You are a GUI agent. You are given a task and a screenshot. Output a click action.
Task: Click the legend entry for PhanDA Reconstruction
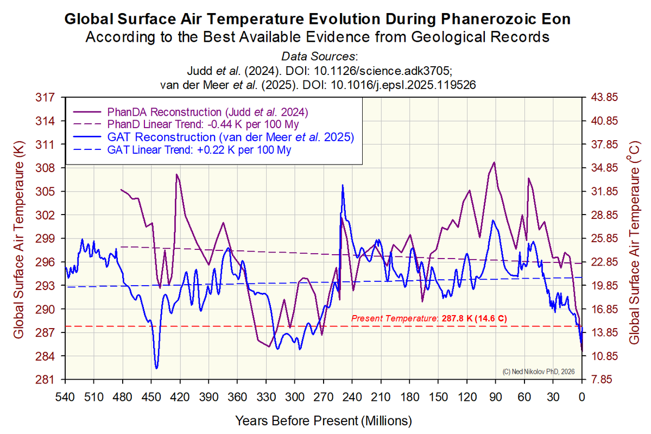coord(209,112)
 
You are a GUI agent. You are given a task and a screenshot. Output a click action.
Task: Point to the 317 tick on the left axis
coord(48,98)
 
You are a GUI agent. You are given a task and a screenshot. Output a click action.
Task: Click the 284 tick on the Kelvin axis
coord(48,356)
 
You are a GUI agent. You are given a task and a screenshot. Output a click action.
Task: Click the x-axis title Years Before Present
coord(323,420)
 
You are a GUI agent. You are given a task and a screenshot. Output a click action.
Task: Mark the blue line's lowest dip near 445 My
coord(157,368)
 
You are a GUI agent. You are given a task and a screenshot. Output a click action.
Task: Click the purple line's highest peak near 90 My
coord(494,162)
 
